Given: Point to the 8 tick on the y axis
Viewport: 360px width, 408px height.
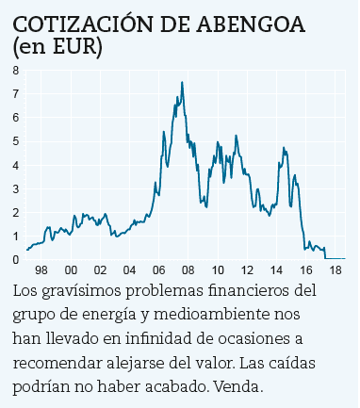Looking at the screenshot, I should tap(15, 70).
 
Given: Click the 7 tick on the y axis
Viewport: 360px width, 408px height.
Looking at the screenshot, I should tap(15, 93).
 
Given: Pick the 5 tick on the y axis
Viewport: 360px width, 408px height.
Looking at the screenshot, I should tap(15, 141).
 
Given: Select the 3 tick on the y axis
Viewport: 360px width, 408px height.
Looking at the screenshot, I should tap(15, 188).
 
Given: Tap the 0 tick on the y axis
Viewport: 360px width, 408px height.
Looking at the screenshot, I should tap(15, 259).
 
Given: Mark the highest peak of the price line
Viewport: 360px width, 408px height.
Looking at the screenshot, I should tap(182, 82).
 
